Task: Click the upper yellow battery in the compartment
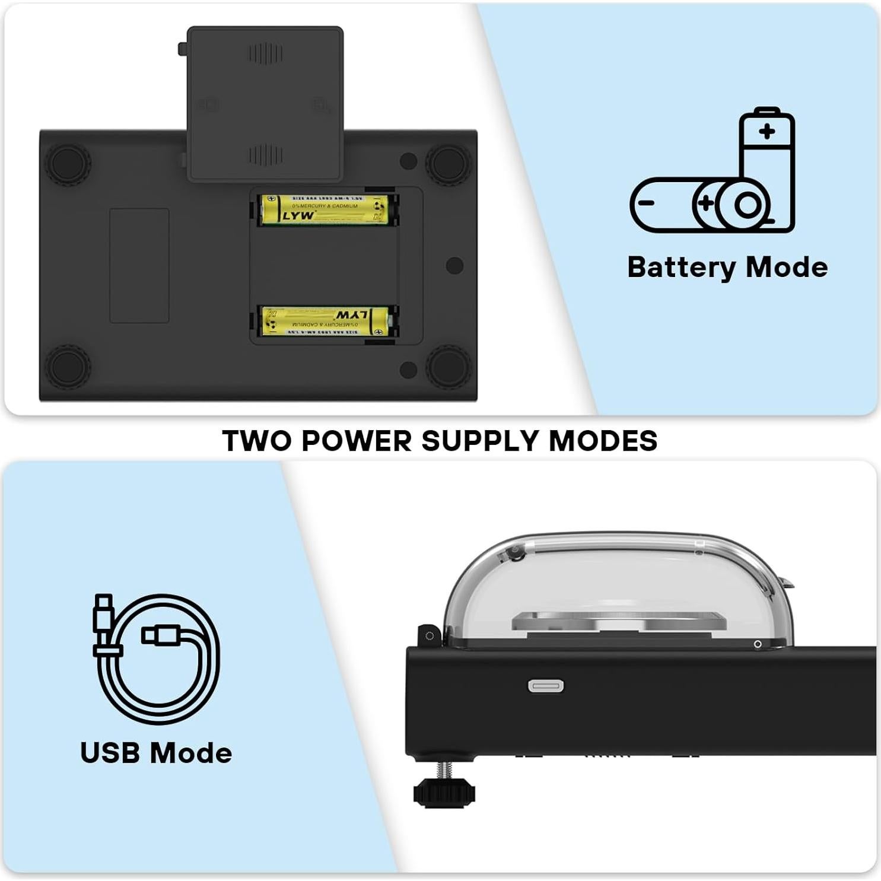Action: point(325,210)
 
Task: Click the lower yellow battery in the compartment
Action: point(325,322)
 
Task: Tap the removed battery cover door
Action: point(265,103)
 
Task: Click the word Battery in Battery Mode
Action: point(680,268)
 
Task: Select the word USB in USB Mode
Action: point(110,753)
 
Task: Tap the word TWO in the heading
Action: point(257,441)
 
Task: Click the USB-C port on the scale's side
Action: point(546,686)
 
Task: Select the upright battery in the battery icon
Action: point(767,148)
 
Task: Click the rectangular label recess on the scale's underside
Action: point(139,265)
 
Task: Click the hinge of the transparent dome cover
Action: point(429,635)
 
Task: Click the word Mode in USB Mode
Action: point(191,753)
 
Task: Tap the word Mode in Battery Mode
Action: point(787,268)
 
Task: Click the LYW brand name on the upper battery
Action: point(298,215)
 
